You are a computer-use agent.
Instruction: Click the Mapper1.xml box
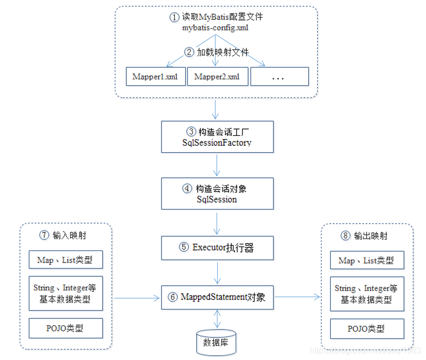[155, 77]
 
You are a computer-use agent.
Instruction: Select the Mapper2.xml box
[217, 77]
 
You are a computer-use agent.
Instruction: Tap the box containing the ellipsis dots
[279, 77]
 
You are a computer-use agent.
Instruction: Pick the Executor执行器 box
[217, 248]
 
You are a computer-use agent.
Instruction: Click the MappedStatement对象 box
[217, 297]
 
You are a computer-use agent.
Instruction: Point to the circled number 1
[174, 17]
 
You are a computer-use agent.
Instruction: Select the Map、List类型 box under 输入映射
[66, 260]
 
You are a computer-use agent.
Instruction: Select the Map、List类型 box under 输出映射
[367, 261]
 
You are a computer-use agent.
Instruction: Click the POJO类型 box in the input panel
[66, 329]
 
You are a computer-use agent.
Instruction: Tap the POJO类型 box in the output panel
[367, 329]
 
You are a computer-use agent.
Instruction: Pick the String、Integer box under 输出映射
[367, 294]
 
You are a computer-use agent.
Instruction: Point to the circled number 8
[345, 236]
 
